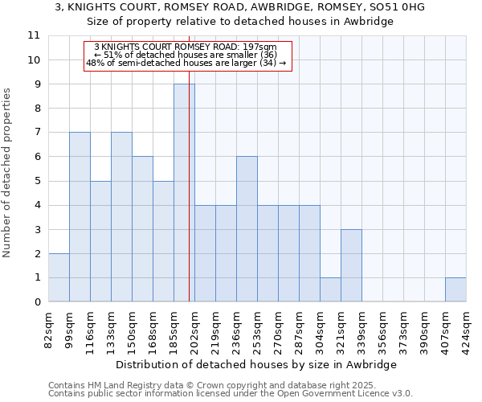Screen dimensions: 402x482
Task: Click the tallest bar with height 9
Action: [184, 193]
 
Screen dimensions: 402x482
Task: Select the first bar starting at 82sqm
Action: [59, 277]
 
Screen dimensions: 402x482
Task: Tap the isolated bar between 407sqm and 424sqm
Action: [455, 289]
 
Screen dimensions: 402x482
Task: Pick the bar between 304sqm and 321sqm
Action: [330, 289]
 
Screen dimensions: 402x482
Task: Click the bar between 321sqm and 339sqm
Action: [351, 265]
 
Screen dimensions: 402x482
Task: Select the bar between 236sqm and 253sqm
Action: [247, 229]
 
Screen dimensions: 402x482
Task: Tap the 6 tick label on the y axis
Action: [35, 157]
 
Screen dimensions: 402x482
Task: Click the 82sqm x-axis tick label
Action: [49, 328]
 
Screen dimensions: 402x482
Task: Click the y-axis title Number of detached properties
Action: [8, 174]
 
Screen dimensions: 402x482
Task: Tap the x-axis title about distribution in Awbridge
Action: [256, 364]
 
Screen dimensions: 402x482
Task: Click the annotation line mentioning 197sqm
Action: [186, 47]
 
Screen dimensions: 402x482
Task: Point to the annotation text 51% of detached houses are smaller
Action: [186, 55]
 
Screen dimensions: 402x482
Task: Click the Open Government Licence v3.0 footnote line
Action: [231, 394]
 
